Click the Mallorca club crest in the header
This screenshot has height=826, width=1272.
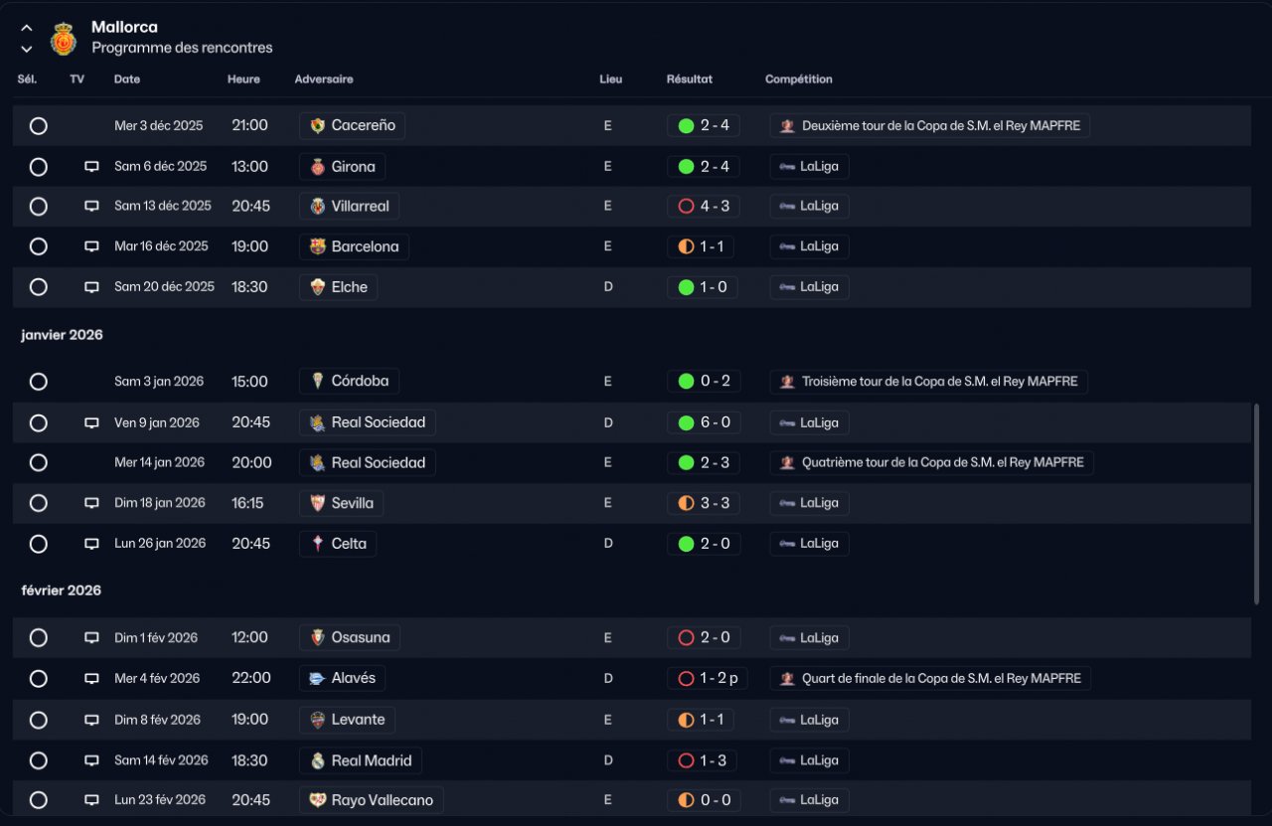(63, 39)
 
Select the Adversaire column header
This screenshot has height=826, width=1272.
(324, 79)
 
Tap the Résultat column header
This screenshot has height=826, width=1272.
(689, 79)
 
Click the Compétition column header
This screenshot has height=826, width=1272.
(798, 79)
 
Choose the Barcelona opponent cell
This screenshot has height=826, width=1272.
(354, 247)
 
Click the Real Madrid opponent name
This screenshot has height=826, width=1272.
(372, 760)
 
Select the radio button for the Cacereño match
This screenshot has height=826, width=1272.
(39, 125)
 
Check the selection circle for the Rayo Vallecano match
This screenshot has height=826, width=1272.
(39, 800)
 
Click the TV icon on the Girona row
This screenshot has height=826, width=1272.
(91, 166)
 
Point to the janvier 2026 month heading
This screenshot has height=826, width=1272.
(62, 335)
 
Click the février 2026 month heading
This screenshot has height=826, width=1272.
(62, 590)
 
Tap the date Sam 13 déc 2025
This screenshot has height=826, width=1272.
(162, 206)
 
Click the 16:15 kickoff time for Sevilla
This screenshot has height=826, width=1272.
(247, 503)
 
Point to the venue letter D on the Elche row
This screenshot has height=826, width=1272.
(608, 287)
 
